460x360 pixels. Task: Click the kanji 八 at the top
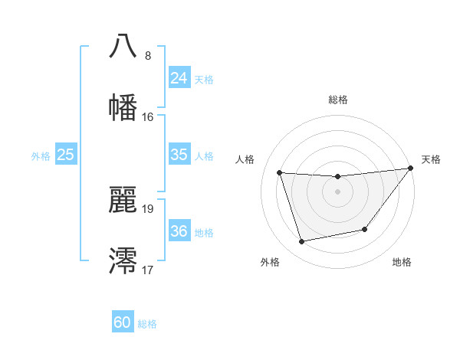[x=123, y=46]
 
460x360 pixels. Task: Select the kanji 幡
[x=123, y=107]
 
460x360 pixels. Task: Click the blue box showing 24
[x=179, y=77]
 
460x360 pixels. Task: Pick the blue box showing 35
[x=179, y=155]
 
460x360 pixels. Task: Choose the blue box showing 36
[x=179, y=231]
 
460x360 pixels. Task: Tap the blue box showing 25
[x=66, y=155]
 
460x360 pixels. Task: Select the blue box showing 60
[x=123, y=322]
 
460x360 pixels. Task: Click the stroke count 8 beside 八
[x=148, y=55]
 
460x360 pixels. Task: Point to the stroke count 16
[x=148, y=117]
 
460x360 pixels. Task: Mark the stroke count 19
[x=148, y=208]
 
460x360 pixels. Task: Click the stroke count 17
[x=148, y=270]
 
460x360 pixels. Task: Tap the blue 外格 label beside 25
[x=41, y=155]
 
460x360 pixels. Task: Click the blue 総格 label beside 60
[x=147, y=324]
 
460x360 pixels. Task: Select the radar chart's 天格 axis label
[x=431, y=159]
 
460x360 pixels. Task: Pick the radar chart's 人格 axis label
[x=245, y=159]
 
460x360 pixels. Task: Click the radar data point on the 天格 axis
[x=409, y=169]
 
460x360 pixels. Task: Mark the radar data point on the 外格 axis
[x=302, y=241]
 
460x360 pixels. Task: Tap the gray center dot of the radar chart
[x=337, y=191]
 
